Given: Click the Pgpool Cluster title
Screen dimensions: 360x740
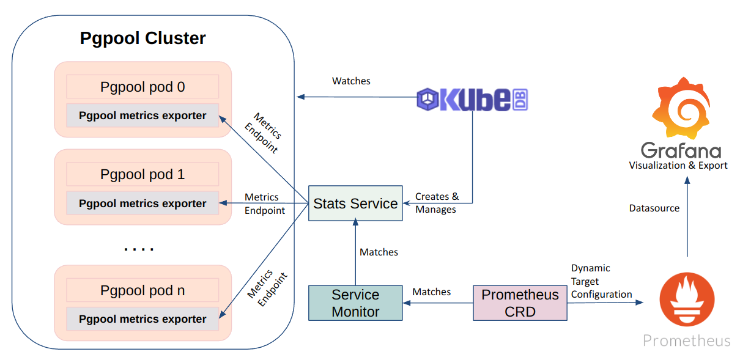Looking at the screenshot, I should [142, 39].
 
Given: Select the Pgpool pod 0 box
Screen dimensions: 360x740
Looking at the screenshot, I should [142, 87].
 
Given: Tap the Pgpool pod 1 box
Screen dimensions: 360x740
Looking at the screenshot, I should [142, 174].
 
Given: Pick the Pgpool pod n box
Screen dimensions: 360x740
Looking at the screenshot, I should [142, 290].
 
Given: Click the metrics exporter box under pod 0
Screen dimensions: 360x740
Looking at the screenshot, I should [142, 116].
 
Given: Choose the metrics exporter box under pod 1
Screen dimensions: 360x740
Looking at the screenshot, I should [142, 204].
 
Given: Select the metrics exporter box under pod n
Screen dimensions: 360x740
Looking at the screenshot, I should [142, 319].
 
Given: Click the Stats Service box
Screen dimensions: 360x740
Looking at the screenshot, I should [355, 204].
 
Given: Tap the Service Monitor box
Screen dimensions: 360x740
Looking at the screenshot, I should [355, 303].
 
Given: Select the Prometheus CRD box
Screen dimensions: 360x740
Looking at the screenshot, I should [520, 303].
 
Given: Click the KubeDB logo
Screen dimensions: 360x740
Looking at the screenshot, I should [472, 99].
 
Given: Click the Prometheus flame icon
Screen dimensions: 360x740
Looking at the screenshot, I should [687, 299].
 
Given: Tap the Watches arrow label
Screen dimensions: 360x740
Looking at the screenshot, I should [351, 81].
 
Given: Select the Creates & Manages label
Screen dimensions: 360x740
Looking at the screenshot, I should [437, 203].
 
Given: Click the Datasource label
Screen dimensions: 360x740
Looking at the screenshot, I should [654, 208].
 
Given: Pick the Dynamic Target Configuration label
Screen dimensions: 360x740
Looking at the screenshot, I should [601, 281].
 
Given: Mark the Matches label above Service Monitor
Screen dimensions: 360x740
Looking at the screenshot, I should [379, 252].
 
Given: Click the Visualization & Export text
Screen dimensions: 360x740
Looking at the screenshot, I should [678, 166].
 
